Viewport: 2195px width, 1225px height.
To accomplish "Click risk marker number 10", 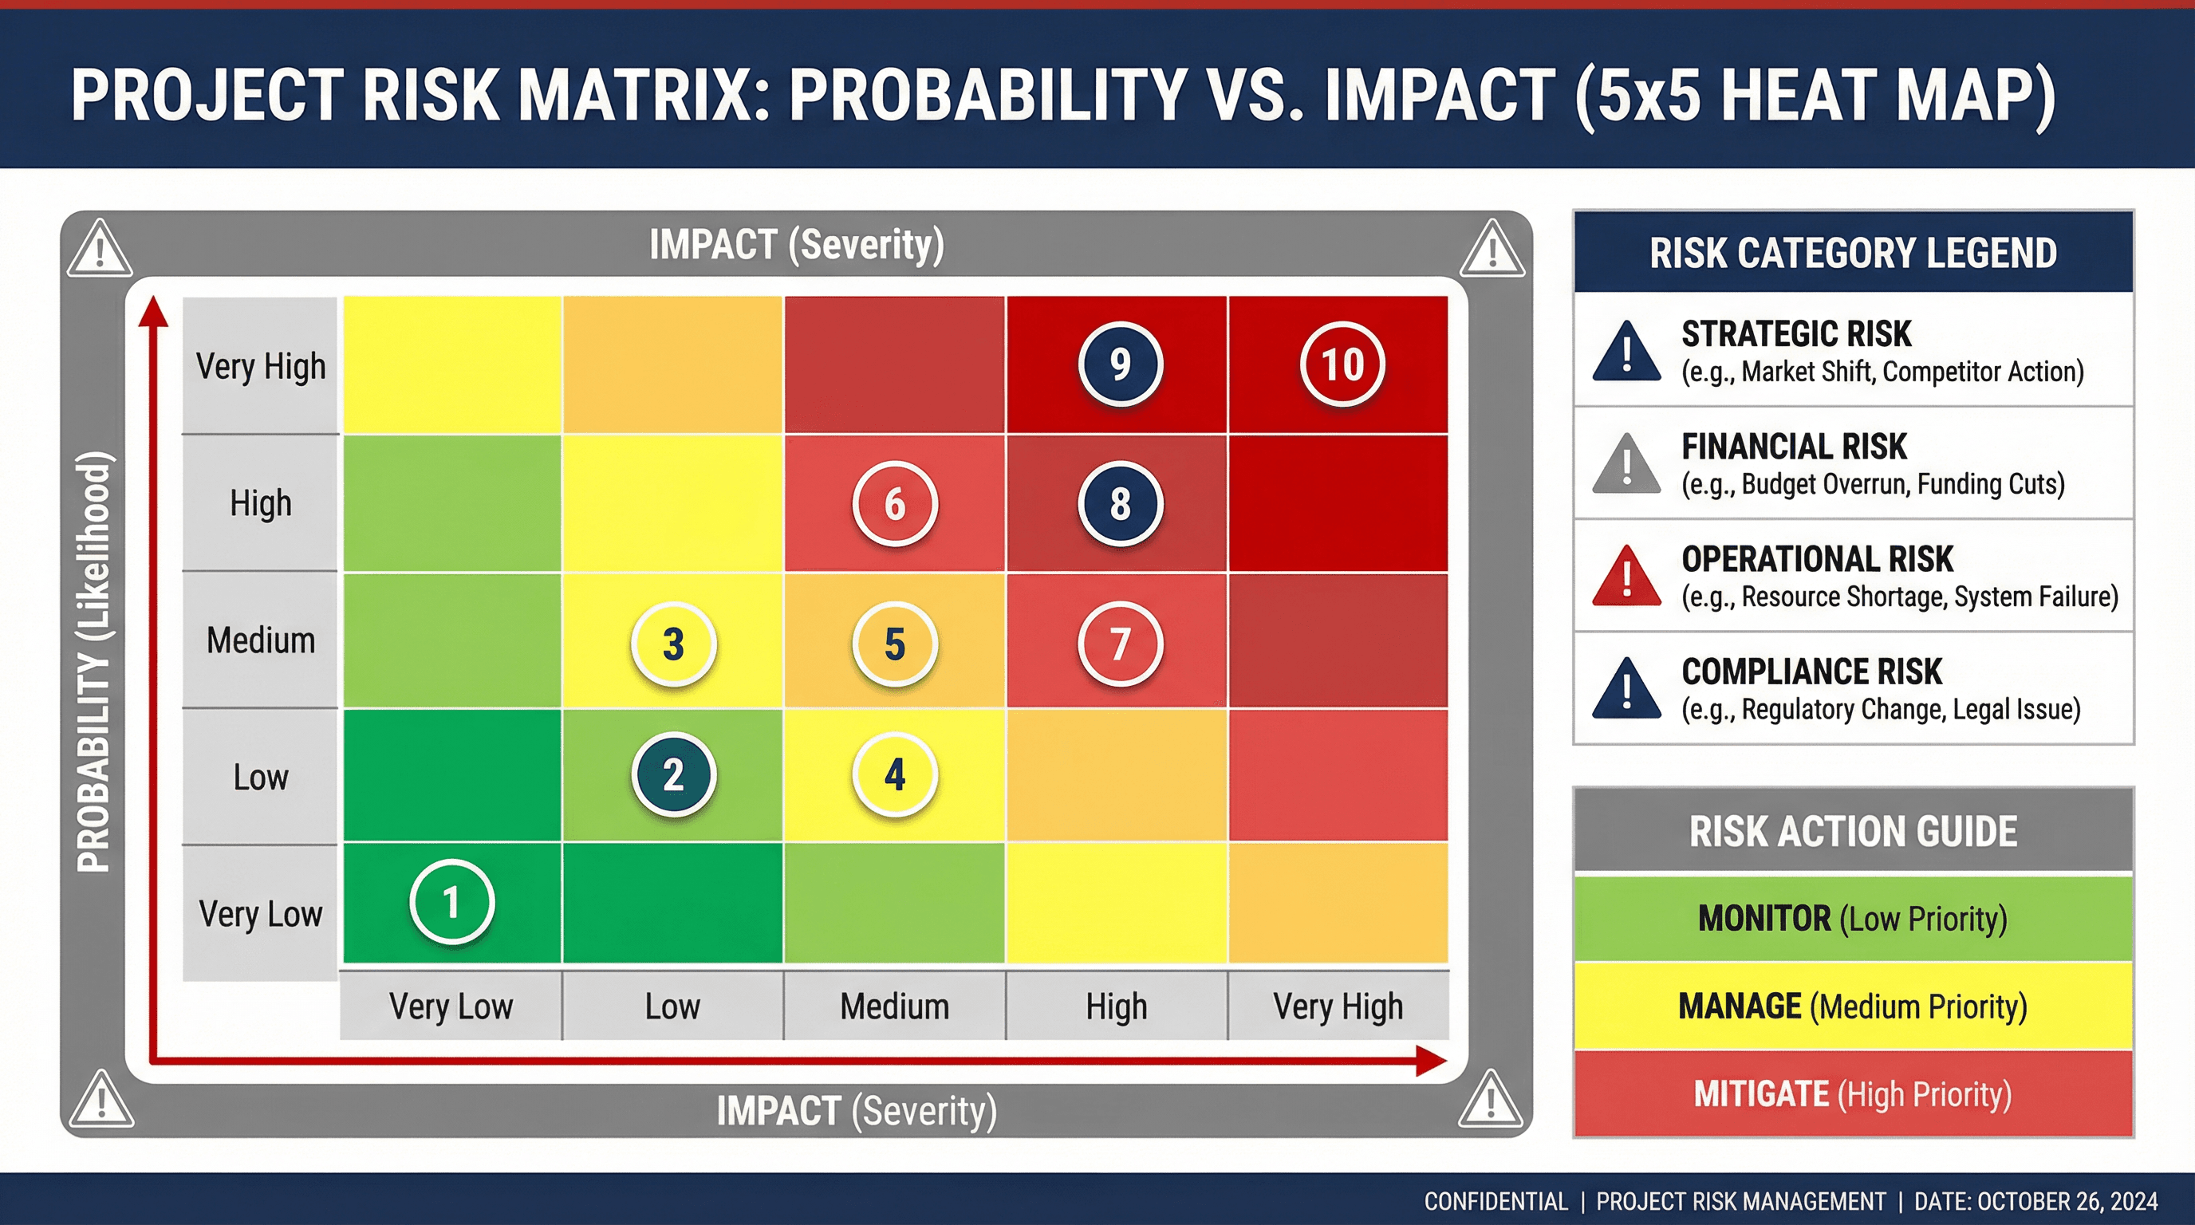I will pyautogui.click(x=1342, y=364).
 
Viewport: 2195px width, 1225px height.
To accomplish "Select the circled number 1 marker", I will pyautogui.click(x=451, y=902).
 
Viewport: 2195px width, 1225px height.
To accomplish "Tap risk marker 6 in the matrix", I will pyautogui.click(x=895, y=504).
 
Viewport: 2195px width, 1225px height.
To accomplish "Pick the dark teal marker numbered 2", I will pyautogui.click(x=673, y=774).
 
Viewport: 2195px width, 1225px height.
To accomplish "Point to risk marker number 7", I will pyautogui.click(x=1120, y=644).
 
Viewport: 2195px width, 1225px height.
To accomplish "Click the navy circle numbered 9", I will pyautogui.click(x=1120, y=364).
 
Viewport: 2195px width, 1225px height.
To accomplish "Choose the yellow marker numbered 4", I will pyautogui.click(x=895, y=774).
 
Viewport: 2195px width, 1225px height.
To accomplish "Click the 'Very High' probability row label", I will pyautogui.click(x=260, y=366).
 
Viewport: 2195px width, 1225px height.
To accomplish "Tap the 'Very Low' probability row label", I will pyautogui.click(x=260, y=914).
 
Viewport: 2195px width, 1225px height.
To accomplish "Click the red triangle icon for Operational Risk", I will pyautogui.click(x=1626, y=577).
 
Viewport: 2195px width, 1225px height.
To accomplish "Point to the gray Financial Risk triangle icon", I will pyautogui.click(x=1626, y=466).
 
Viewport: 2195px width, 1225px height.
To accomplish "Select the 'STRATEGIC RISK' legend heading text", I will pyautogui.click(x=1795, y=334).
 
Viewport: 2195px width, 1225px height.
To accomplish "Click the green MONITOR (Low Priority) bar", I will pyautogui.click(x=1853, y=918).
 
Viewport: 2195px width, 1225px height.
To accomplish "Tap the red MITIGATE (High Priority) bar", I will pyautogui.click(x=1853, y=1094).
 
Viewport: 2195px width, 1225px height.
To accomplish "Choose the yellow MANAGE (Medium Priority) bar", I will pyautogui.click(x=1853, y=1006).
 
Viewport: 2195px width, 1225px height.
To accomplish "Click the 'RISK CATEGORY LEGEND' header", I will pyautogui.click(x=1853, y=253).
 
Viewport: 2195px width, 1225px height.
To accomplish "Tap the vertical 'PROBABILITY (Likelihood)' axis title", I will pyautogui.click(x=94, y=661).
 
